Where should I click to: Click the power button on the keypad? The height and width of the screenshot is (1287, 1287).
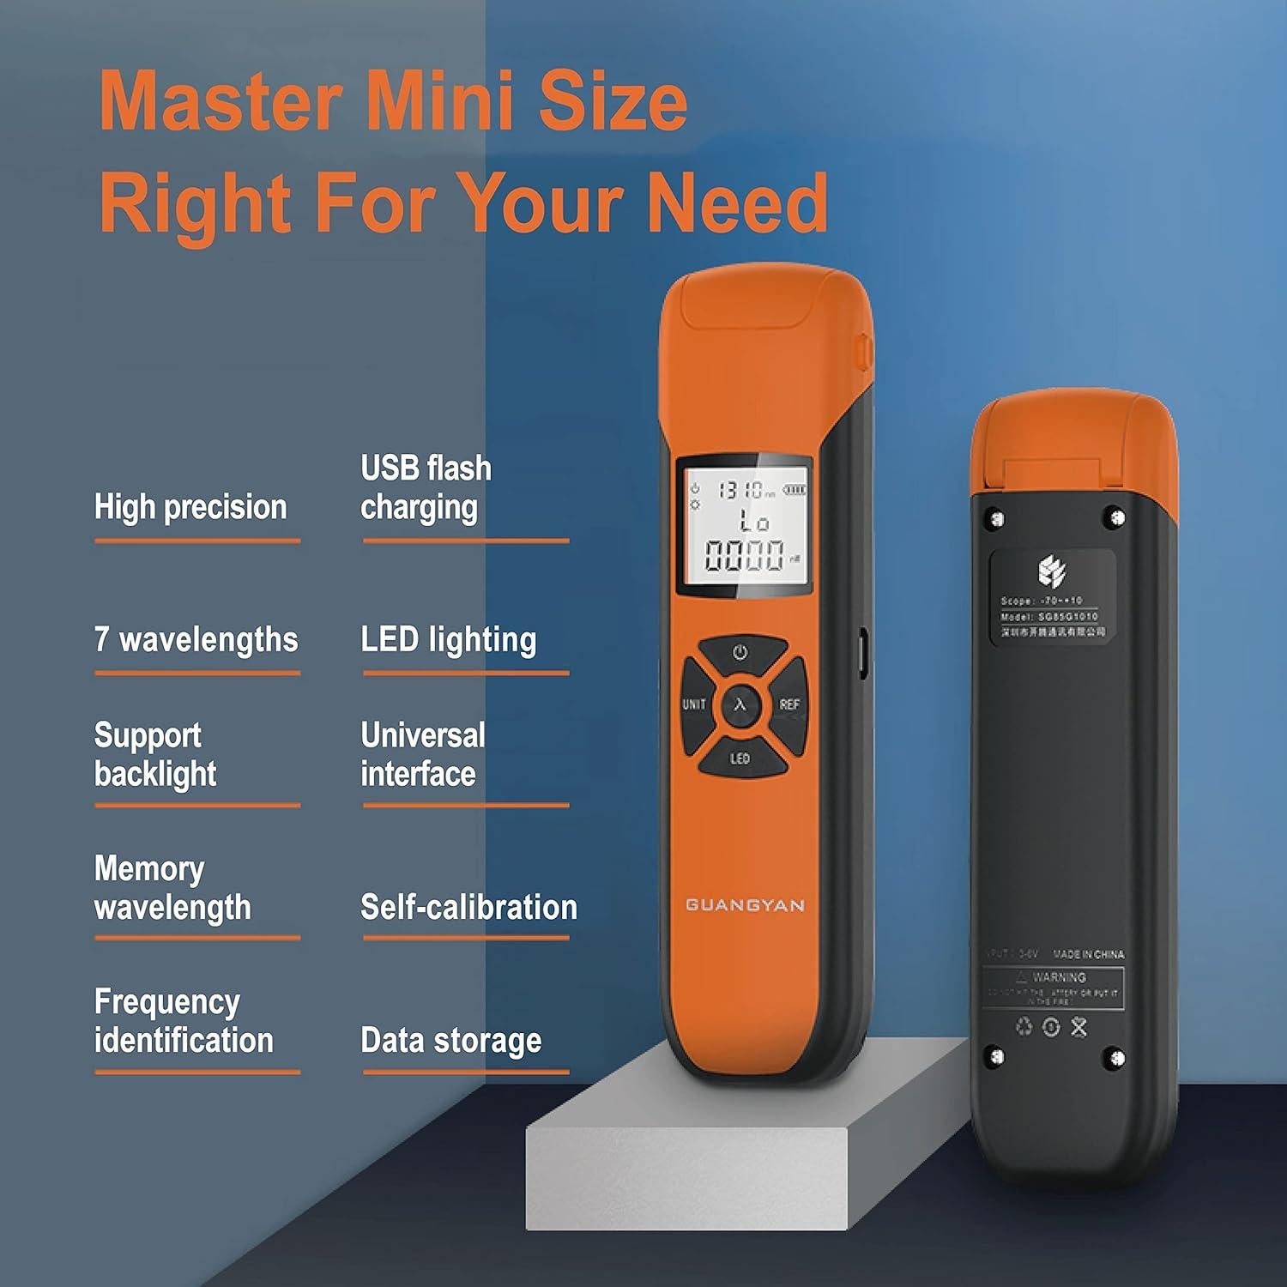740,653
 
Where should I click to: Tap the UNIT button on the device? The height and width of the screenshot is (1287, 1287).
694,704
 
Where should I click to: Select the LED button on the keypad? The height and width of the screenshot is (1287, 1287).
740,758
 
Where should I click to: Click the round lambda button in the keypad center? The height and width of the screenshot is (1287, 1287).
740,705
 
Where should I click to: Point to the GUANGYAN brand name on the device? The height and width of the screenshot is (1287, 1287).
745,905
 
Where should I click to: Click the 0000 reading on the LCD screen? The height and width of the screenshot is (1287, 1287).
744,555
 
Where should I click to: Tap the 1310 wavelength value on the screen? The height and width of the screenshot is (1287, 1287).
740,490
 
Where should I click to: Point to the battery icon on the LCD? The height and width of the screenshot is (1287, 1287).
795,490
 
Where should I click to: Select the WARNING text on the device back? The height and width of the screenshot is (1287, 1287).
1059,977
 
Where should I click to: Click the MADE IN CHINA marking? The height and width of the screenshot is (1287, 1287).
1088,954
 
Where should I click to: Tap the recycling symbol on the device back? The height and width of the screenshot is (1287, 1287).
1024,1026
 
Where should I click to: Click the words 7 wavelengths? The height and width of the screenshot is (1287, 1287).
196,640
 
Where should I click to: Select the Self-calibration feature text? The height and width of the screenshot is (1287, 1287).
468,908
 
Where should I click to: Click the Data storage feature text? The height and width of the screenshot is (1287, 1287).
451,1041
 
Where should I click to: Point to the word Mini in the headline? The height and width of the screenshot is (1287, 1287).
441,101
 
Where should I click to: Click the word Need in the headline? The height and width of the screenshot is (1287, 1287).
737,203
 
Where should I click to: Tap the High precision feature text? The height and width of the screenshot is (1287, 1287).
190,507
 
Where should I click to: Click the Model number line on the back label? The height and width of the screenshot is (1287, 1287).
1048,616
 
